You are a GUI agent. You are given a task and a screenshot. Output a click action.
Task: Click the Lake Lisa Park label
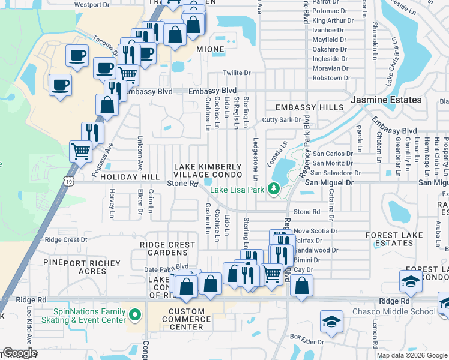point(237,190)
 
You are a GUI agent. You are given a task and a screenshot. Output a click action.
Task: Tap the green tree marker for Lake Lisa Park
point(274,190)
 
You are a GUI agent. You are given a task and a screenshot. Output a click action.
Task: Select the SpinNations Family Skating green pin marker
point(136,313)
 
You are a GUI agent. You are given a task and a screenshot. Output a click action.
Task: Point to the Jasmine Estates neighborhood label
point(386,100)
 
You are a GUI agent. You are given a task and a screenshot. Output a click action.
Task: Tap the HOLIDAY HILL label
point(130,178)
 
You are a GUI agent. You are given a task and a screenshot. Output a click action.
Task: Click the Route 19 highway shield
point(71,181)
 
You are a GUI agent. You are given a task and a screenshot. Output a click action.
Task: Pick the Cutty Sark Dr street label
point(281,120)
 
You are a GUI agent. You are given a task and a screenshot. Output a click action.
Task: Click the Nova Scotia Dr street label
point(316,230)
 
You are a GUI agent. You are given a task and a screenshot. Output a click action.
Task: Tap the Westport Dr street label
point(92,4)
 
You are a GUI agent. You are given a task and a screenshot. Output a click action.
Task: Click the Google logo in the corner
point(20,353)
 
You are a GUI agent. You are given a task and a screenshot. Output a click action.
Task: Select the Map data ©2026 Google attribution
point(412,355)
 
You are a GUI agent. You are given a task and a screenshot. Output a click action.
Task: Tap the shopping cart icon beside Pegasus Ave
point(81,151)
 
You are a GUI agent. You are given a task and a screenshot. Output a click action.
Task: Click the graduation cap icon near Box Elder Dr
point(331,322)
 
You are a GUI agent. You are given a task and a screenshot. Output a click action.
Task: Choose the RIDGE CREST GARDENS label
point(167,249)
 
